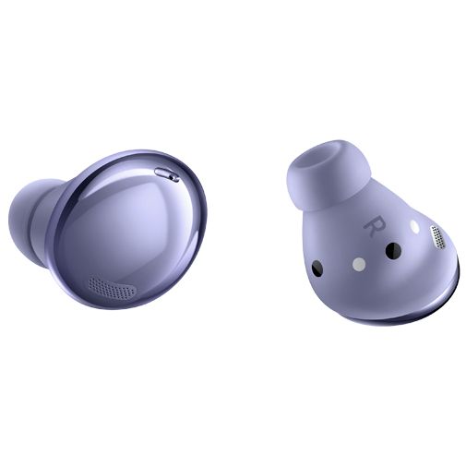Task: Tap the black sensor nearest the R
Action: click(393, 250)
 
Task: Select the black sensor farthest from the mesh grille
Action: click(317, 268)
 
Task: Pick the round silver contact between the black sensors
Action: click(359, 264)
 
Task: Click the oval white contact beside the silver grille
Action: click(414, 227)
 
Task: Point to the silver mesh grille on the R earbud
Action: click(438, 236)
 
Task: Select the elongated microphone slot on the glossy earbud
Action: click(167, 174)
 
